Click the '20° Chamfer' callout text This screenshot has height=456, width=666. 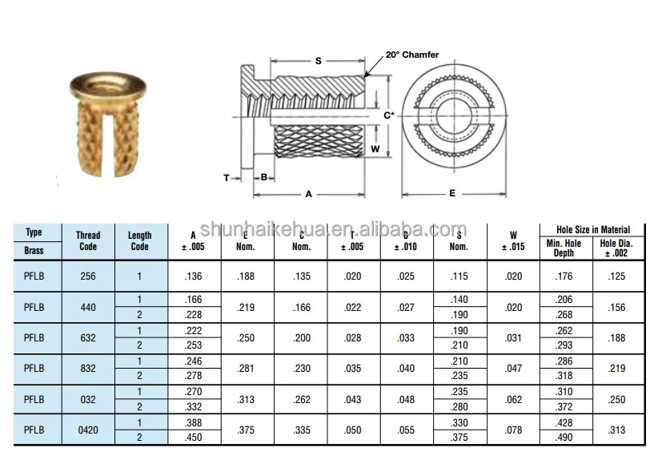tap(411, 54)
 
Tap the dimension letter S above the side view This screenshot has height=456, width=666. tap(318, 61)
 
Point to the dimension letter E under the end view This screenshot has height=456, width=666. tap(452, 193)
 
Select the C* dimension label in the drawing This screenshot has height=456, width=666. tap(388, 115)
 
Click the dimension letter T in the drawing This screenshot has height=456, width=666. tap(227, 177)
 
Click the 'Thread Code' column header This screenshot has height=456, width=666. tap(88, 241)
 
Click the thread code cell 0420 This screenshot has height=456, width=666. tap(88, 430)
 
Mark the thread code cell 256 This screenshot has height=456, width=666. tap(88, 276)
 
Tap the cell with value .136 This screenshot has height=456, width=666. tap(195, 276)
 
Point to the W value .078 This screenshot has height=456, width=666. tap(514, 430)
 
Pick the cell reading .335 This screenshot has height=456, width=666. tap(301, 430)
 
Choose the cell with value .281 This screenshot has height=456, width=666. tap(247, 368)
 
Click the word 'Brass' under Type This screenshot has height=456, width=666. tap(34, 250)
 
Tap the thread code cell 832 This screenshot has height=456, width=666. tap(88, 368)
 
